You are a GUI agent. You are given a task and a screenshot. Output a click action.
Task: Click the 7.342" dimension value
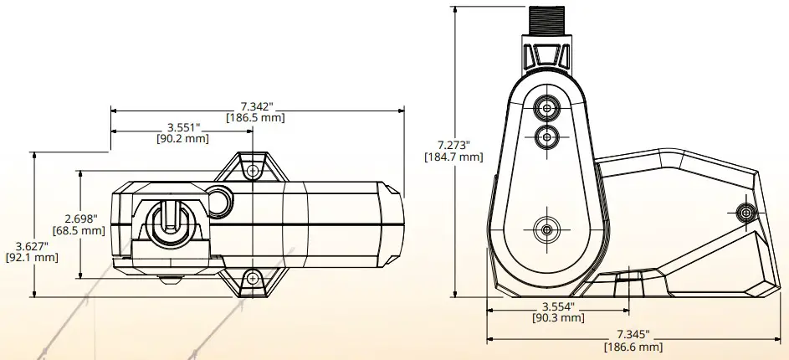256,106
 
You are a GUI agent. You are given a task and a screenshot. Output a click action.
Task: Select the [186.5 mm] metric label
256,118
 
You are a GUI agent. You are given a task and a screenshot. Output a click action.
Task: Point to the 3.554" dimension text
558,306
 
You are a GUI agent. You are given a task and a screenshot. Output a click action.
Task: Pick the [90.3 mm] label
558,318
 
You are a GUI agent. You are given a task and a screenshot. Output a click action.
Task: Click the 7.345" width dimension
633,334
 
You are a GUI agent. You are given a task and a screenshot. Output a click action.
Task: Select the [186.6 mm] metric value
633,347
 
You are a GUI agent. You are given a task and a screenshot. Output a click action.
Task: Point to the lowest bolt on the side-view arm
546,228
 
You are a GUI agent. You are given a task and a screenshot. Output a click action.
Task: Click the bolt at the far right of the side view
745,213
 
